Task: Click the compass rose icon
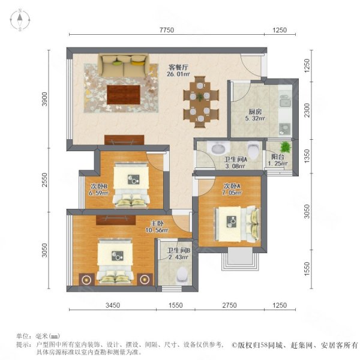point(20,20)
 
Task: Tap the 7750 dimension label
point(167,30)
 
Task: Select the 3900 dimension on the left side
point(44,99)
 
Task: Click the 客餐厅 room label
point(178,67)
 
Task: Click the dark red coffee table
point(124,95)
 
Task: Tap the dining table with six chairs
point(201,102)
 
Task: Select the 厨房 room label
point(255,112)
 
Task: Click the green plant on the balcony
point(286,147)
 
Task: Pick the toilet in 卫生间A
point(253,151)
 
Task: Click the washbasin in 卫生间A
point(218,148)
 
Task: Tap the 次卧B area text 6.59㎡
point(99,193)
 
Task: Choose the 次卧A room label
point(232,186)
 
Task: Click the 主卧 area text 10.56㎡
point(157,230)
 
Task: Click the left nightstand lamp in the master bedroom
point(86,280)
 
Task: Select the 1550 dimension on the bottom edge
point(176,305)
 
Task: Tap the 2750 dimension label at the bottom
point(229,305)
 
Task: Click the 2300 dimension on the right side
point(307,110)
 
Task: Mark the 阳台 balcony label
point(278,157)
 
